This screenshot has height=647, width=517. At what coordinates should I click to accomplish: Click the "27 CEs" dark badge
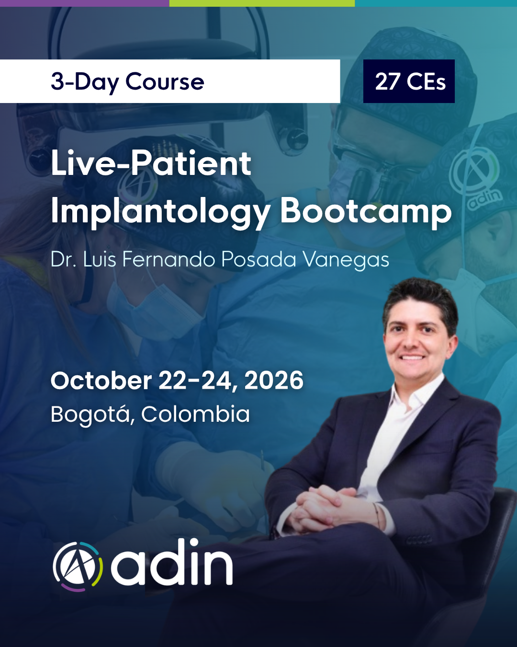(x=409, y=81)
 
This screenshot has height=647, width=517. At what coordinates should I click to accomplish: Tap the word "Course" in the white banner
(x=165, y=81)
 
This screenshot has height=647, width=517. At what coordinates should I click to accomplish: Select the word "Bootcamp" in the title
(x=366, y=212)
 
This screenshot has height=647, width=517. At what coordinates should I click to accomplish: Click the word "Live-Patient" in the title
(x=151, y=163)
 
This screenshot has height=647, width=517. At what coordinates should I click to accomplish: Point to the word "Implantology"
(x=160, y=212)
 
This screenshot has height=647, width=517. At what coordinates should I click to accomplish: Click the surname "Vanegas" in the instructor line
(x=346, y=259)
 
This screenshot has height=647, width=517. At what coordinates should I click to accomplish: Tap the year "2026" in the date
(x=274, y=381)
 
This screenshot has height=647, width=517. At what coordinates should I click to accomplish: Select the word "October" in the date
(x=101, y=381)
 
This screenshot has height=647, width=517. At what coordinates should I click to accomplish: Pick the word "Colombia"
(x=196, y=414)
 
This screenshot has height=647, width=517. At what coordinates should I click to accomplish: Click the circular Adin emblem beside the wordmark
(x=78, y=567)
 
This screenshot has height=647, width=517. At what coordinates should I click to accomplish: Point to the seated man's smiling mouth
(x=413, y=358)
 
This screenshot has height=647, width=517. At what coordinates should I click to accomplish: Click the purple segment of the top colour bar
(x=85, y=3)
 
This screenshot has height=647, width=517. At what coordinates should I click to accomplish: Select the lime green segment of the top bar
(x=262, y=3)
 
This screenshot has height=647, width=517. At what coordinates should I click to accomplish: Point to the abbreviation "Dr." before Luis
(x=63, y=259)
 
